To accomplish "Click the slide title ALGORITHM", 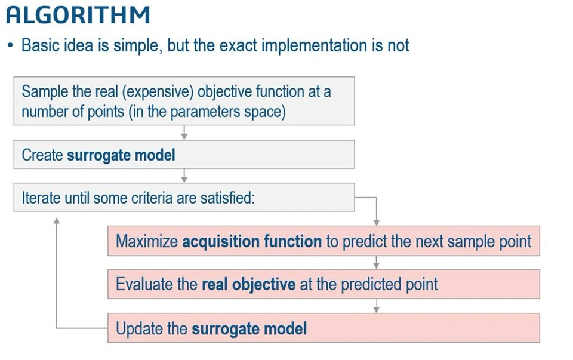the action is click(x=78, y=16).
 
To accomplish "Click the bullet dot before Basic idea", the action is click(x=10, y=46).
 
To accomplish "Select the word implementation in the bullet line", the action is click(x=314, y=46).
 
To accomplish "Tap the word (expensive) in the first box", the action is click(x=158, y=92).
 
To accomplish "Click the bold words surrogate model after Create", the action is click(x=121, y=155).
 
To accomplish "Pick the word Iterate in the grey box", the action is click(x=41, y=198).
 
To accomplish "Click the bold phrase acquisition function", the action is click(x=252, y=242).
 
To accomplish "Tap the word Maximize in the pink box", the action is click(x=147, y=242).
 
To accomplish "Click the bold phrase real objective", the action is click(x=248, y=284).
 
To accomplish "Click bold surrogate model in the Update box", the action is click(x=249, y=328).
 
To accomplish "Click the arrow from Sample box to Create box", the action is click(x=184, y=133).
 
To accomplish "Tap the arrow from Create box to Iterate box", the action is click(x=184, y=176).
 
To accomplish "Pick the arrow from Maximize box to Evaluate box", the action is click(x=377, y=262).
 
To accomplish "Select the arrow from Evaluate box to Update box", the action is click(x=377, y=306).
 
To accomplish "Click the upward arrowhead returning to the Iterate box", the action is click(x=57, y=220).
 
